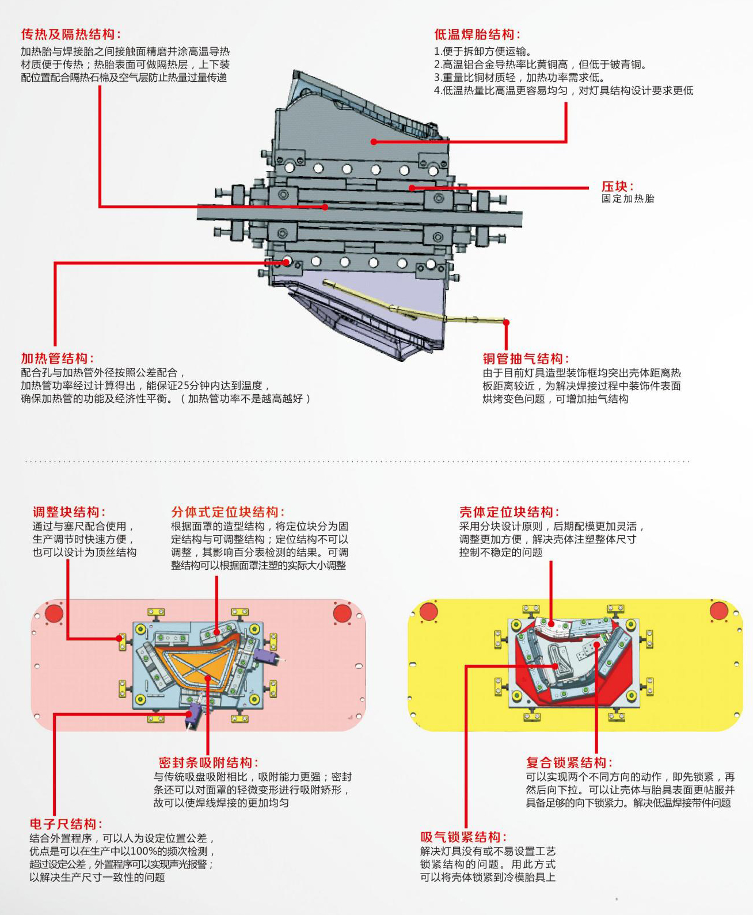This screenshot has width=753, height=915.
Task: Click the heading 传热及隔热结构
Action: [x=71, y=35]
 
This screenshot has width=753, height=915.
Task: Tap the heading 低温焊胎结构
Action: [x=477, y=35]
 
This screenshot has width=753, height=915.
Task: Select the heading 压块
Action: [x=617, y=186]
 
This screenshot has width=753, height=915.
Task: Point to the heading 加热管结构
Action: [x=58, y=359]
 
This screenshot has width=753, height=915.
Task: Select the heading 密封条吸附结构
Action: [x=208, y=763]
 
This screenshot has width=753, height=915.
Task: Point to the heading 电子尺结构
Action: [x=66, y=824]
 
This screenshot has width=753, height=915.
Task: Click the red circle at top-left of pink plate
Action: [x=54, y=613]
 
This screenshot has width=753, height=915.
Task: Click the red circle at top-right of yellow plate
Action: [x=719, y=611]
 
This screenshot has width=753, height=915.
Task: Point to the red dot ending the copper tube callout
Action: [x=506, y=322]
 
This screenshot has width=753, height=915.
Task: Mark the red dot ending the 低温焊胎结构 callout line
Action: [x=374, y=142]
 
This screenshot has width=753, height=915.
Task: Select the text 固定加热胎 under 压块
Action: [x=628, y=199]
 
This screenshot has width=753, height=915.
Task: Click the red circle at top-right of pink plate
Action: [x=342, y=613]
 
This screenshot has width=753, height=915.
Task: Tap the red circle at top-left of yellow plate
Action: [x=429, y=611]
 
